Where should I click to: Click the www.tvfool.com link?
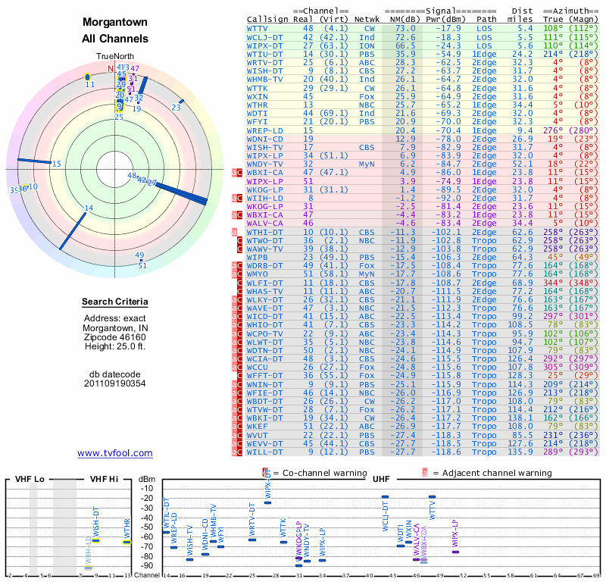click(114, 453)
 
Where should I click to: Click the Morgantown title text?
click(115, 23)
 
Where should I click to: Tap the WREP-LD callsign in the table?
click(264, 130)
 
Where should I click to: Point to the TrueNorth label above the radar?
click(114, 57)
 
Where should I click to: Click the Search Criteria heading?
click(115, 302)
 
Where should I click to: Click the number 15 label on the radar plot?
click(57, 164)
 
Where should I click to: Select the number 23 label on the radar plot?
click(176, 108)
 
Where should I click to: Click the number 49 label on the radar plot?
click(139, 255)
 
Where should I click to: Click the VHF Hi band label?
click(105, 479)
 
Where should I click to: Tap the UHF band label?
click(381, 479)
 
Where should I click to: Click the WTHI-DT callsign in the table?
click(264, 232)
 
